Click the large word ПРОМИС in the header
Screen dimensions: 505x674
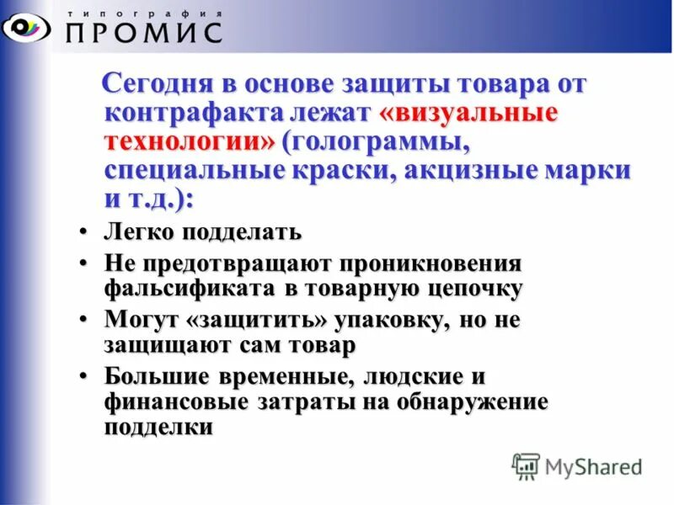(x=143, y=32)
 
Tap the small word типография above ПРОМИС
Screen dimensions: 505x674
(x=144, y=13)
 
